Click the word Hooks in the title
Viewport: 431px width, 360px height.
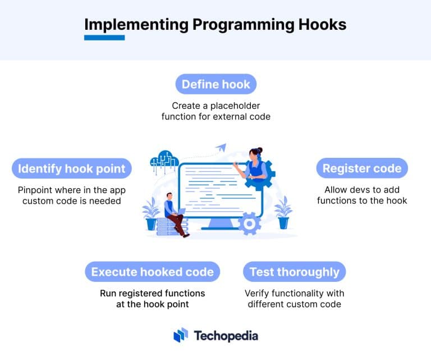pyautogui.click(x=318, y=25)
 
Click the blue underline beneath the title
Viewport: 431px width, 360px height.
pyautogui.click(x=104, y=38)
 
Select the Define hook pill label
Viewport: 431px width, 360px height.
pyautogui.click(x=215, y=84)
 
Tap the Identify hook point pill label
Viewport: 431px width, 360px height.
pyautogui.click(x=72, y=168)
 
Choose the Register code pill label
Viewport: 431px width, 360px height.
pyautogui.click(x=361, y=168)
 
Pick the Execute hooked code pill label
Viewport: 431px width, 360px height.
pyautogui.click(x=152, y=272)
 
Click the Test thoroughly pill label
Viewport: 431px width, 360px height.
pyautogui.click(x=294, y=272)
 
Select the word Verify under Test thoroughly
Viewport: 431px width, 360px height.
pyautogui.click(x=258, y=293)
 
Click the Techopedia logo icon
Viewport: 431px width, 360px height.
pyautogui.click(x=181, y=335)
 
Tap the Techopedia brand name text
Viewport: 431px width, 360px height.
pyautogui.click(x=226, y=336)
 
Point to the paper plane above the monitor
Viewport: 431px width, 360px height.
pyautogui.click(x=220, y=147)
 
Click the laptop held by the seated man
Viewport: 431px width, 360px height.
pyautogui.click(x=181, y=212)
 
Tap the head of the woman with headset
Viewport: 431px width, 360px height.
pyautogui.click(x=255, y=153)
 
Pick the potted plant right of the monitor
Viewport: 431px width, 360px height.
pyautogui.click(x=283, y=211)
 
